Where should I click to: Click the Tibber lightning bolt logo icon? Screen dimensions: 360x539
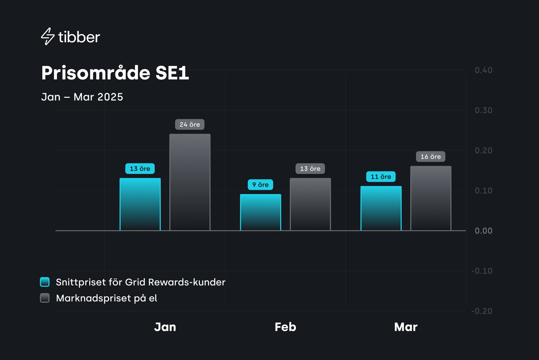pos(48,37)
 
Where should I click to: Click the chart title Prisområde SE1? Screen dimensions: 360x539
pos(115,73)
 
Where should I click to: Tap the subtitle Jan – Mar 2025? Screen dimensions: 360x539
pos(82,97)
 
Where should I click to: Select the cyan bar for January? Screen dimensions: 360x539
pos(140,204)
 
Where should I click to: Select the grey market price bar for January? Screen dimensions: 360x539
pos(190,182)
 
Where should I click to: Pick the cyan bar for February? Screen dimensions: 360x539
pos(260,212)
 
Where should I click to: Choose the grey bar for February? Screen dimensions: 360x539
pos(310,204)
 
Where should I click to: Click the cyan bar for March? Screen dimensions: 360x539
pos(381,208)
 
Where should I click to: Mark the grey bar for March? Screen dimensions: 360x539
pos(431,198)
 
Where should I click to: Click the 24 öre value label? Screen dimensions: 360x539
pos(190,125)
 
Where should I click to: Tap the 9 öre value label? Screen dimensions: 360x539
pos(260,185)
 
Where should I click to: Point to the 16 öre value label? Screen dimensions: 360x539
pos(431,157)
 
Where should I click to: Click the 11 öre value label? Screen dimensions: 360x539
pos(381,177)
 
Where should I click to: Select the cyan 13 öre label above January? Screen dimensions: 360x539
pos(140,169)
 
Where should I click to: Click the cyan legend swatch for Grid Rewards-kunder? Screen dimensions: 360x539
pos(45,282)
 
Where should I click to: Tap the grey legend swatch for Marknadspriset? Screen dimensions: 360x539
pos(45,298)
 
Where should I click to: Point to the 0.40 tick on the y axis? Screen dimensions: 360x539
pos(483,70)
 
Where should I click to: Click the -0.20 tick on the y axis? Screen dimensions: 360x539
pos(482,311)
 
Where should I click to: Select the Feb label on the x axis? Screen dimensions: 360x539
pos(285,327)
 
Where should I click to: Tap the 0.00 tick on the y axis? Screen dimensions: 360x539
pos(483,231)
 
